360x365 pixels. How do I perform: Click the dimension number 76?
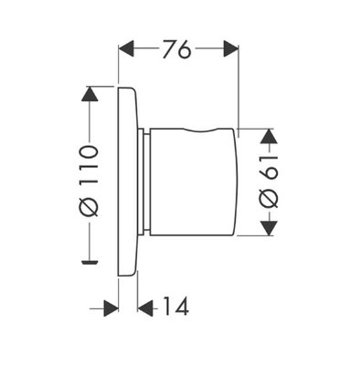(176, 48)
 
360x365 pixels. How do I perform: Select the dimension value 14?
(175, 306)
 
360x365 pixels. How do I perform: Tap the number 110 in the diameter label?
(90, 166)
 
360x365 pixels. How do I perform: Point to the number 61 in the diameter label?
(270, 171)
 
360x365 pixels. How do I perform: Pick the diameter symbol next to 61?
(270, 198)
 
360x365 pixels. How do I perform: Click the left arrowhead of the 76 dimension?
(126, 48)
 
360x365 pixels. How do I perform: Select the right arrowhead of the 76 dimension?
(231, 48)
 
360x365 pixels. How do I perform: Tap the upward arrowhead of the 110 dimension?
(90, 94)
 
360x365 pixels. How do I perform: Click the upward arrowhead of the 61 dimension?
(270, 136)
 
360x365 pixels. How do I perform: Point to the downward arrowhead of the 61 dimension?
(270, 228)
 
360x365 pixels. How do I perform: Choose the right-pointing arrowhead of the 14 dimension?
(111, 308)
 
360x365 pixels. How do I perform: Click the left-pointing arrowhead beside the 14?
(145, 308)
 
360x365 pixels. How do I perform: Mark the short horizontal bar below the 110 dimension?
(90, 261)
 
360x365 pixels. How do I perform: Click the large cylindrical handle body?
(193, 182)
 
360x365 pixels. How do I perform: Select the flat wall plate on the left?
(127, 182)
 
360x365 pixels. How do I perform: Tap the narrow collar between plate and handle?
(143, 182)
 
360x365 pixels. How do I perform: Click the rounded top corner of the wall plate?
(133, 90)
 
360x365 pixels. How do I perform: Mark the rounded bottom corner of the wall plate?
(133, 273)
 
